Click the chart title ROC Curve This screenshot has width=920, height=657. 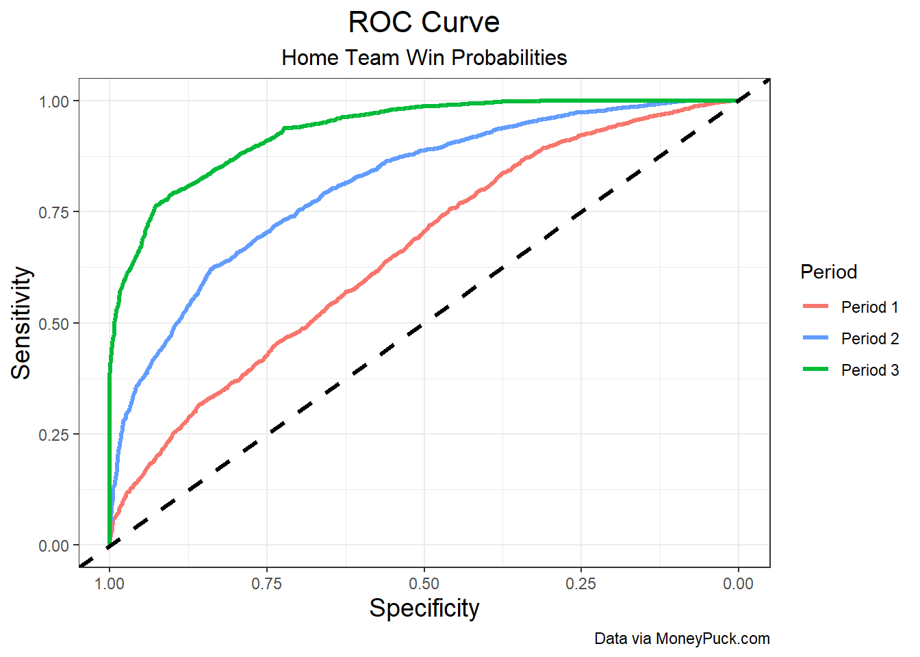click(424, 23)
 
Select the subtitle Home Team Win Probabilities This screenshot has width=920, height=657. click(424, 57)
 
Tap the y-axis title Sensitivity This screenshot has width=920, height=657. click(21, 323)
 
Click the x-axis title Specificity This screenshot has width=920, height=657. click(424, 608)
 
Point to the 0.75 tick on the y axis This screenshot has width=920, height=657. click(54, 212)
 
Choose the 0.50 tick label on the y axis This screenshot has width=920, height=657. click(54, 324)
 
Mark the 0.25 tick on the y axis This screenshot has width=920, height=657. click(54, 435)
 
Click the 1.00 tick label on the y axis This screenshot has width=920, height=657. click(54, 101)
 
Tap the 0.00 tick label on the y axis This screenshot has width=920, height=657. click(54, 546)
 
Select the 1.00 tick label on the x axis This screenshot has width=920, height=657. click(110, 584)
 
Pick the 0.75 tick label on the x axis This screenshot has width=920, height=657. click(266, 584)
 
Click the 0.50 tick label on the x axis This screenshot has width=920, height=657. click(424, 584)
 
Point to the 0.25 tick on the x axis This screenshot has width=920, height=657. click(580, 584)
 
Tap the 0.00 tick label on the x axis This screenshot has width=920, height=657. click(738, 584)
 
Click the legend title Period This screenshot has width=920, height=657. click(828, 272)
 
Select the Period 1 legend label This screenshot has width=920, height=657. click(869, 307)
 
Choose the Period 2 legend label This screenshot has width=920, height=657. click(869, 339)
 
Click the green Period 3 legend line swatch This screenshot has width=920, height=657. click(815, 370)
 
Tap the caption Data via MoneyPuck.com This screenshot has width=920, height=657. click(682, 639)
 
